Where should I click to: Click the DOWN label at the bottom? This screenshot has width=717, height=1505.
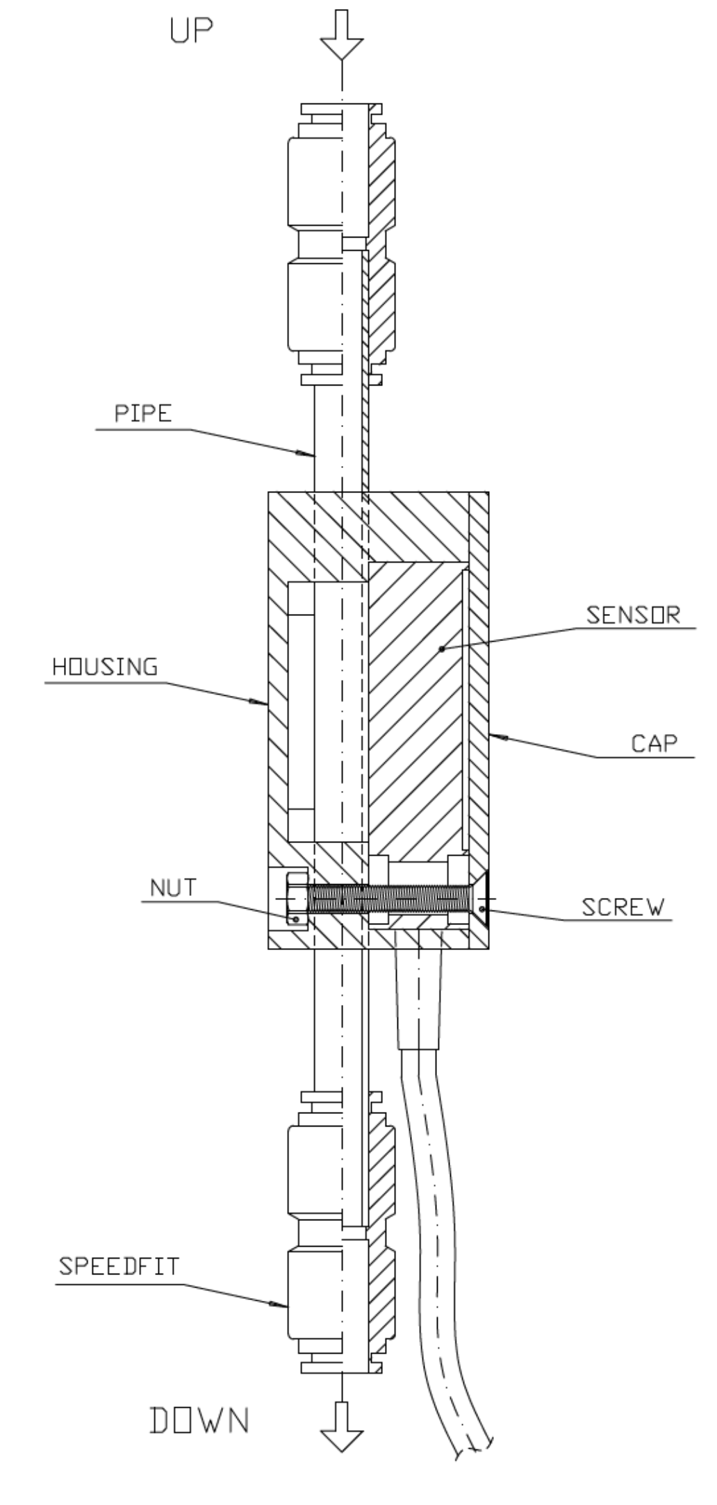tap(199, 1420)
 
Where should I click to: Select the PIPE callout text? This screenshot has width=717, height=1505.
tap(143, 414)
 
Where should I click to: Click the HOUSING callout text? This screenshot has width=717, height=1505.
tap(105, 667)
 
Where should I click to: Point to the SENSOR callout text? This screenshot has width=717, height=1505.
tap(632, 615)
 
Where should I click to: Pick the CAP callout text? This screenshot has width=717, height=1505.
tap(653, 744)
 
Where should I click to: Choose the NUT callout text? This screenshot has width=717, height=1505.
tap(173, 888)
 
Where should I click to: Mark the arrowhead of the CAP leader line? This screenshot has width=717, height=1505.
tap(494, 734)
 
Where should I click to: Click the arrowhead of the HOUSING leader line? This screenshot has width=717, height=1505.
tap(264, 704)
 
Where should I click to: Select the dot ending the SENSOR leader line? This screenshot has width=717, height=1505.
tap(441, 649)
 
